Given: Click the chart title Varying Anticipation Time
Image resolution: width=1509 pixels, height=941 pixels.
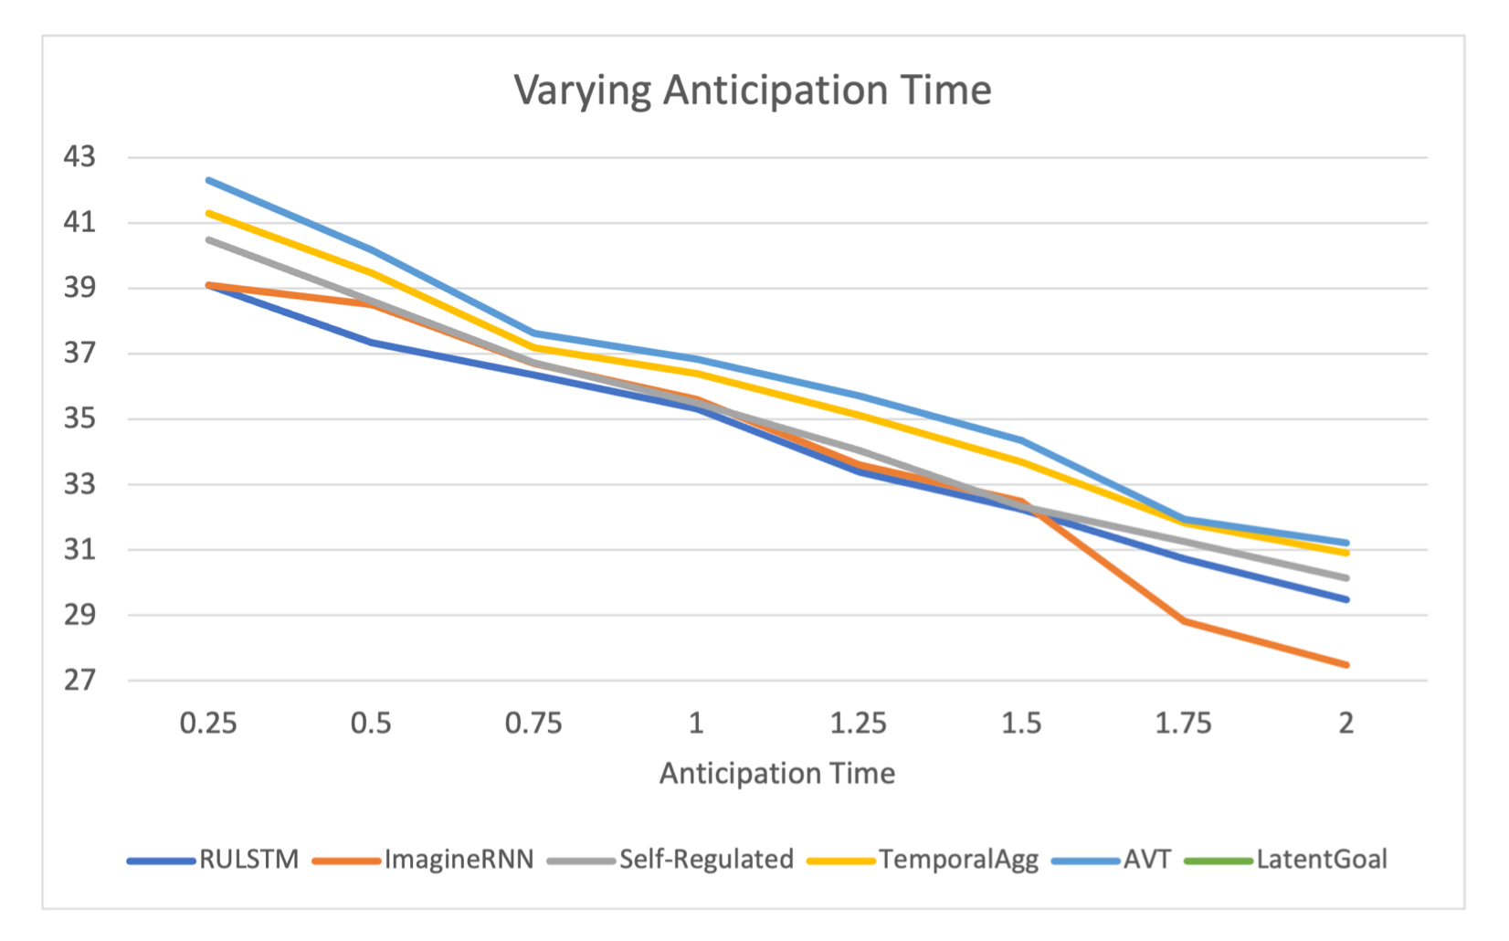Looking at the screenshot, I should coord(753,90).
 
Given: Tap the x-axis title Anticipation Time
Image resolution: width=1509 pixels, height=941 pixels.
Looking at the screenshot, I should coord(777,774).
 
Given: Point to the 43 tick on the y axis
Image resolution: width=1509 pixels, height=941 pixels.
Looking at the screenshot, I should coord(79,157).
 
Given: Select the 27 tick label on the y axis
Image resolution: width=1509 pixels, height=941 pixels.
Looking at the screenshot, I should coord(79,681).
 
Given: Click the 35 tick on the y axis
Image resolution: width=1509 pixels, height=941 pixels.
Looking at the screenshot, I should coord(79,419).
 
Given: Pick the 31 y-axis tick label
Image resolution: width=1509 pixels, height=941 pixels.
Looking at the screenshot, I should coord(79,550).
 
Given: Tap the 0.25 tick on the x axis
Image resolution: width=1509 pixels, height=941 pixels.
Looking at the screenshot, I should coord(208,724).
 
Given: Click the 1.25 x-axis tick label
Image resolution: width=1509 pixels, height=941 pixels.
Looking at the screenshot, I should coord(858,724).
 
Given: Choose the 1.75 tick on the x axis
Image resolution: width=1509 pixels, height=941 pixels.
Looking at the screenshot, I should coord(1183,724).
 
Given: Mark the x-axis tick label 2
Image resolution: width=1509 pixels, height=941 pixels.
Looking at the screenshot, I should coord(1345,724).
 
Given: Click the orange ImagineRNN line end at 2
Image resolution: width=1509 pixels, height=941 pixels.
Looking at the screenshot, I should coord(1345,664).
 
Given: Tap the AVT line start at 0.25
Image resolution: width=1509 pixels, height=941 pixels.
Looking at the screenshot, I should coord(209,180).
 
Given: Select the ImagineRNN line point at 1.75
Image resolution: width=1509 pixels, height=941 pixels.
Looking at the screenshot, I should coord(1184,621).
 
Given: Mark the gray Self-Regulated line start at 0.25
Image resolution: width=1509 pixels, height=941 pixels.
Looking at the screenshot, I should coord(209,239).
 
